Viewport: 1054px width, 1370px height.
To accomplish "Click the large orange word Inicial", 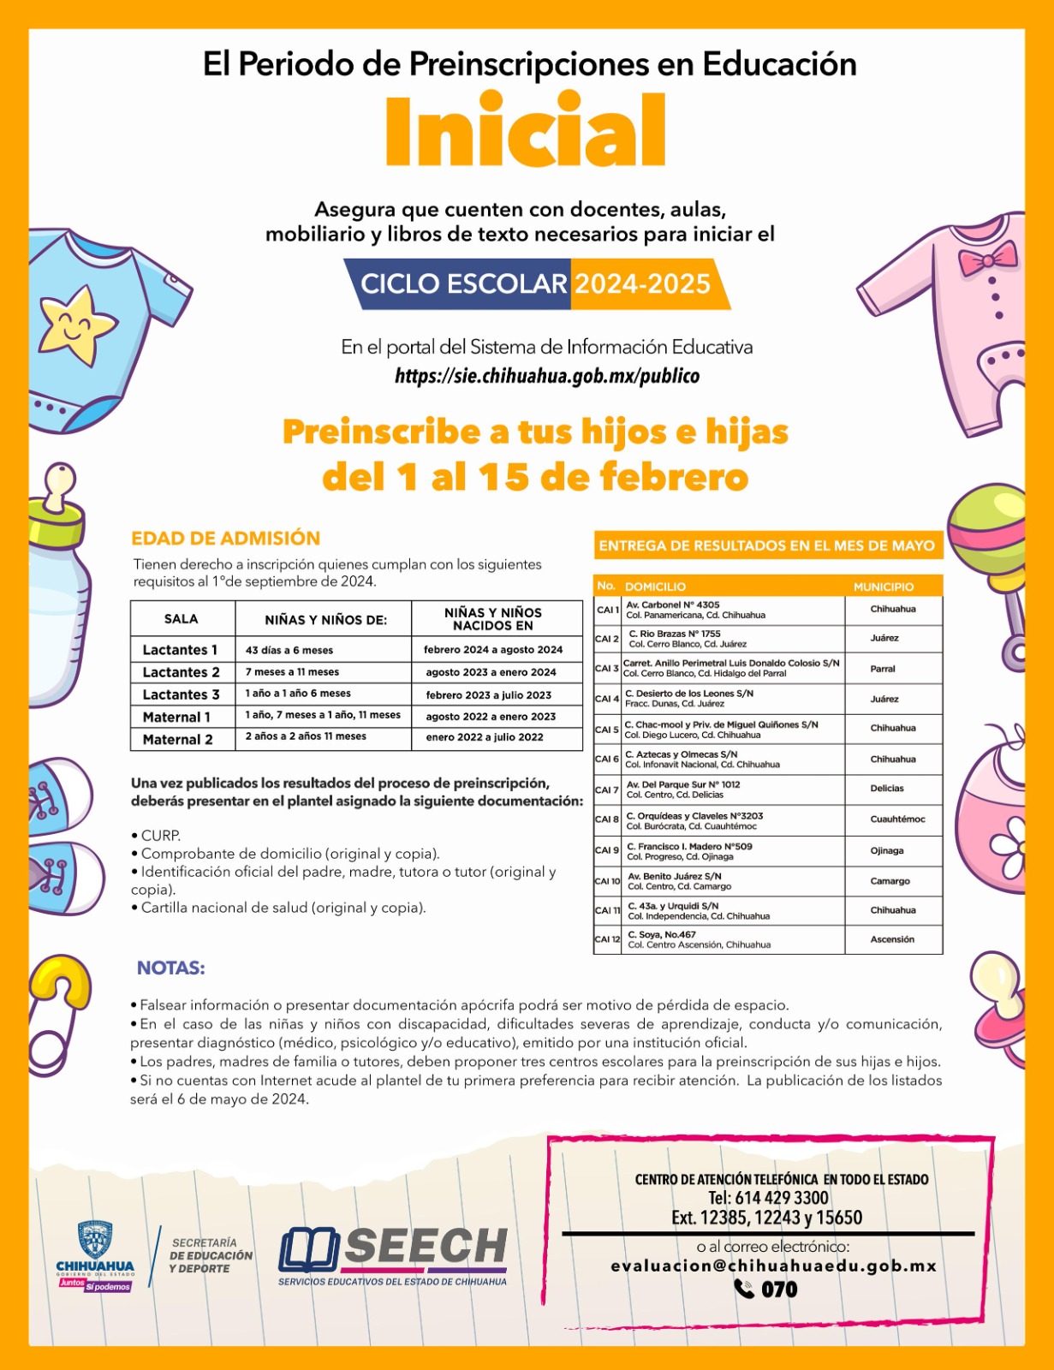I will click(x=525, y=133).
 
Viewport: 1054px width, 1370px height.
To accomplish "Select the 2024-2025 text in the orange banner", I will click(x=642, y=284).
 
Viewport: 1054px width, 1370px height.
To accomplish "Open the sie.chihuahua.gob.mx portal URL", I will click(x=546, y=376).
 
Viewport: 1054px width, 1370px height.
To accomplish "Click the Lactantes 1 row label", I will click(x=181, y=650).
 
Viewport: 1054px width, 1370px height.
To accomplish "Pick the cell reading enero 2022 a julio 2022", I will click(x=485, y=737).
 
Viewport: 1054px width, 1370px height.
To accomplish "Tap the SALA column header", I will click(x=181, y=619).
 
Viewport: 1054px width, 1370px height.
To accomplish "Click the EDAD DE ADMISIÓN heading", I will click(x=225, y=539).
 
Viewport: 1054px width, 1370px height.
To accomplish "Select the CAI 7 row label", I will click(x=606, y=789).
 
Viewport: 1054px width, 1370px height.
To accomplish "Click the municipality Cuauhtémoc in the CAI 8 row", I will click(x=897, y=819).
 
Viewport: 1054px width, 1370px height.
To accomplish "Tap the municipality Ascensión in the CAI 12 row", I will click(x=892, y=939).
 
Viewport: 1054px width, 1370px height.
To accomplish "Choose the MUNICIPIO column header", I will click(x=884, y=587).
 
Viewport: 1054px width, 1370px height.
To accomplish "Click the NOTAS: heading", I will click(x=170, y=968).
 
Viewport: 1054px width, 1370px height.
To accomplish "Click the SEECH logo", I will click(x=393, y=1254).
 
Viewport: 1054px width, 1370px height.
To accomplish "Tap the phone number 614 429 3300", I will click(x=768, y=1198).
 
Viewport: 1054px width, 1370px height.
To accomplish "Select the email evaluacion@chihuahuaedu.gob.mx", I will click(x=773, y=1266).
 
